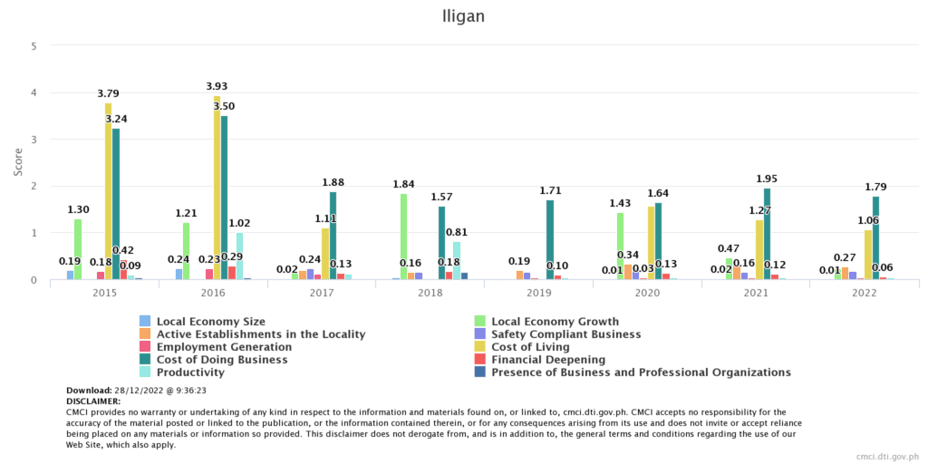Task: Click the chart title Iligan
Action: tap(464, 15)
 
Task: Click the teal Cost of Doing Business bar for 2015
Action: tap(116, 205)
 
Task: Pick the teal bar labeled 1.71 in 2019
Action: tap(550, 240)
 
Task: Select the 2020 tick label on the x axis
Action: tap(648, 294)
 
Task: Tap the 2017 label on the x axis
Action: tap(322, 294)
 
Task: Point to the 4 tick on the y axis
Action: tap(34, 92)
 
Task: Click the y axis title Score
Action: tap(19, 162)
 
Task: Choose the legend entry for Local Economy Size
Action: tap(210, 322)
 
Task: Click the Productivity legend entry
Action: tap(190, 372)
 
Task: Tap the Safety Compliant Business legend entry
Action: tap(565, 334)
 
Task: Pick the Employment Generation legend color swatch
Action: tap(145, 347)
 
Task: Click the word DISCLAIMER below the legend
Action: tap(93, 401)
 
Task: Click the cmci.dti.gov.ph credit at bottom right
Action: tap(887, 457)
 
